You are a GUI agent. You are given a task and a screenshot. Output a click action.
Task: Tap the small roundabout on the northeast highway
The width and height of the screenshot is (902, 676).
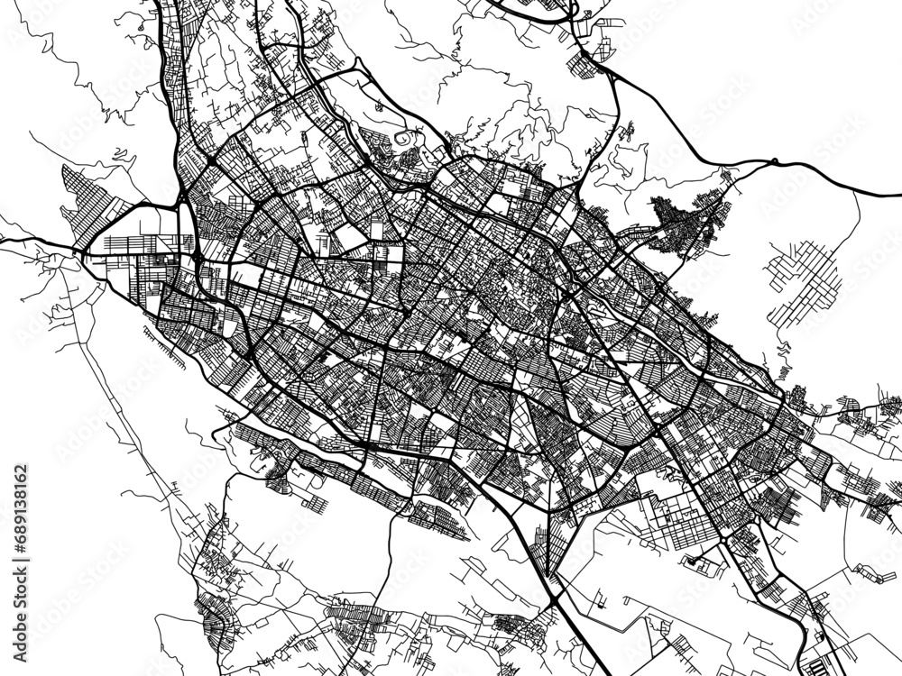pos(774,162)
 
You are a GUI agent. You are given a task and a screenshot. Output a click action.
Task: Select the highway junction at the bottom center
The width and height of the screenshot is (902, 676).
pos(552,590)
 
